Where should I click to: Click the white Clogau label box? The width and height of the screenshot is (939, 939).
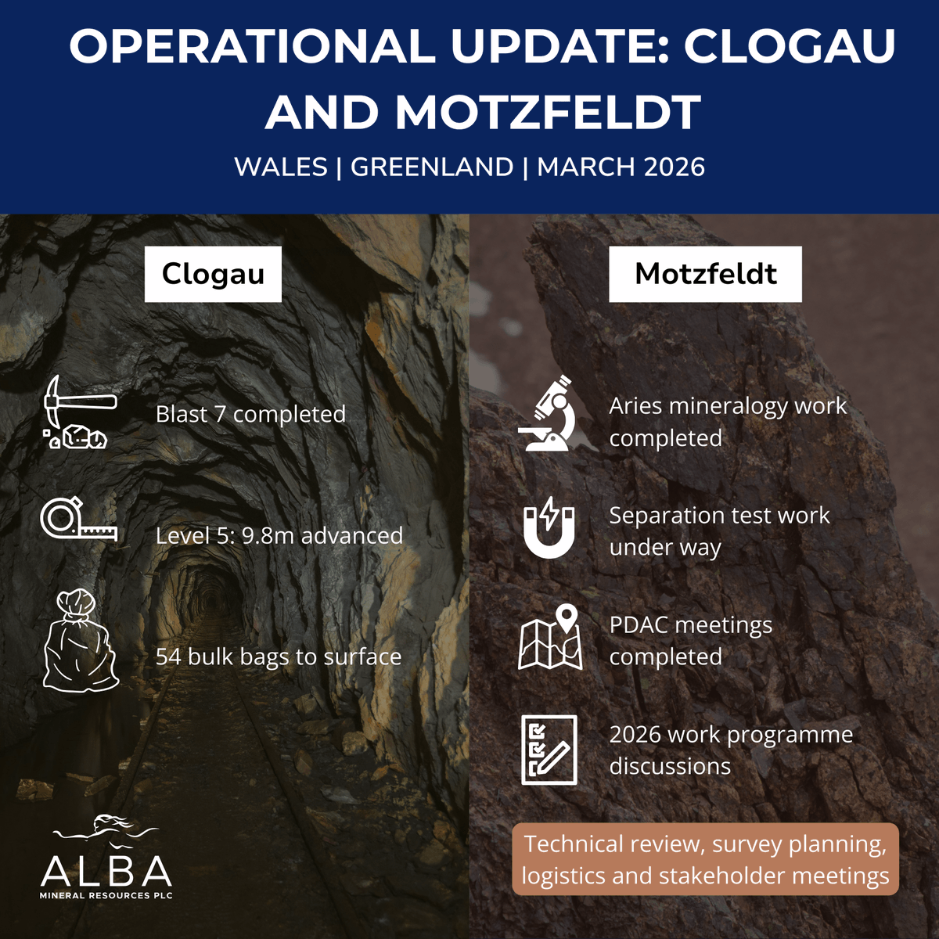click(213, 274)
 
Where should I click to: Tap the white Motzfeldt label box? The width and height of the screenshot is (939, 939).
click(705, 274)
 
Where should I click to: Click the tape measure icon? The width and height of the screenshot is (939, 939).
click(78, 521)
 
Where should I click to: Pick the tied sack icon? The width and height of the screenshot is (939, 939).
click(78, 642)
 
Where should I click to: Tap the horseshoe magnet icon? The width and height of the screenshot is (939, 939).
click(549, 527)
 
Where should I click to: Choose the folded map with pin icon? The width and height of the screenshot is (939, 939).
click(551, 638)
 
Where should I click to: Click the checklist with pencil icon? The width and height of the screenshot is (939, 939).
click(549, 750)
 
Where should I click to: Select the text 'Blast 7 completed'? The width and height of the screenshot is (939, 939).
click(250, 414)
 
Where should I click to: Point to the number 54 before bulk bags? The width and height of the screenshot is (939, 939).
click(168, 657)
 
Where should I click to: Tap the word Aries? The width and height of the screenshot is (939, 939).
click(635, 406)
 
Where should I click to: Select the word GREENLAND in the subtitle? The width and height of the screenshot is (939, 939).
click(432, 167)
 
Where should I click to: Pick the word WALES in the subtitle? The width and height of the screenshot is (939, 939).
click(280, 167)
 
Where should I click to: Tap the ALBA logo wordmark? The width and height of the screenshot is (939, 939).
click(106, 870)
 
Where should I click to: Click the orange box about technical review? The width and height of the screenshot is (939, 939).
click(705, 859)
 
